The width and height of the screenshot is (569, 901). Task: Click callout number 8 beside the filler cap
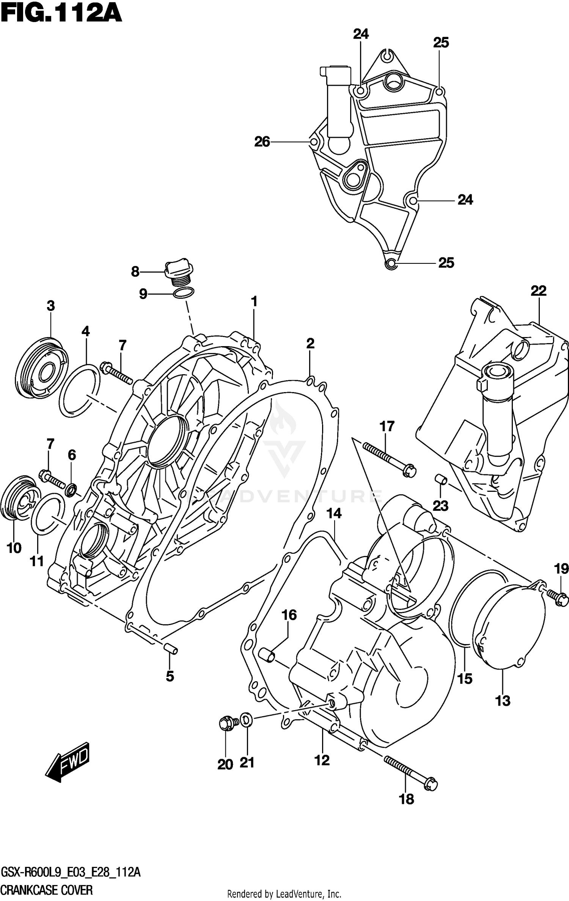click(x=135, y=272)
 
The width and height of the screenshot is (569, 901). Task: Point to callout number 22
click(x=538, y=291)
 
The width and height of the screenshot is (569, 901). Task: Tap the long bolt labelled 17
click(x=389, y=460)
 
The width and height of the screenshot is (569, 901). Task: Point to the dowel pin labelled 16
click(x=267, y=655)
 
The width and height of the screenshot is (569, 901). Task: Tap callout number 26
click(x=262, y=142)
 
